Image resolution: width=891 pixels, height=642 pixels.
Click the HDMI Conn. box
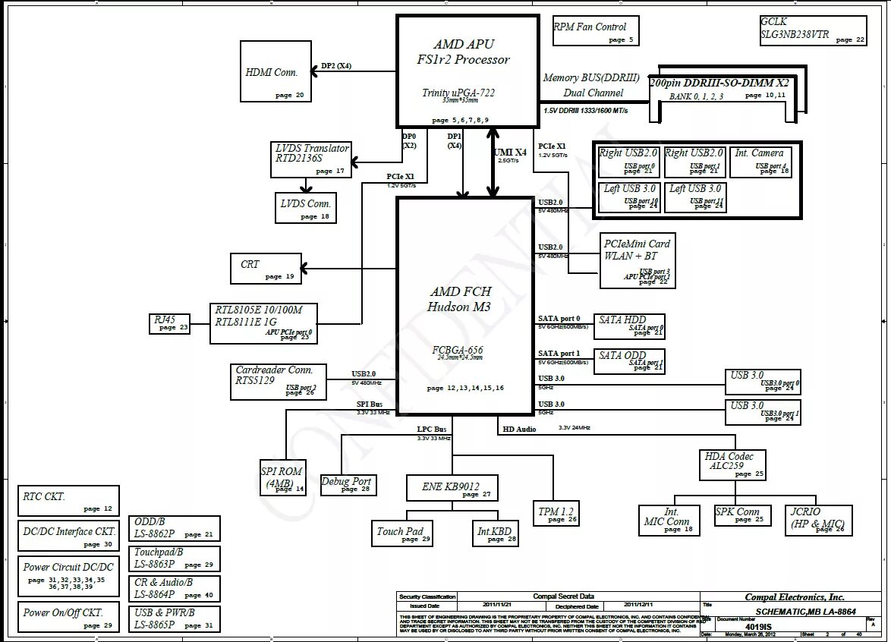272,71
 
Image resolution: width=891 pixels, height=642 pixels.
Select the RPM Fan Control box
596,30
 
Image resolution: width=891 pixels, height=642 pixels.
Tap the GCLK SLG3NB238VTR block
812,31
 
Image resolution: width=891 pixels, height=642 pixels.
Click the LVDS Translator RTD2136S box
311,159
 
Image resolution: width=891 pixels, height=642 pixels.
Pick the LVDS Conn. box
306,207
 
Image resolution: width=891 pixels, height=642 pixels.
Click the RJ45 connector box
169,324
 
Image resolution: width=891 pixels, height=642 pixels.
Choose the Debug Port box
347,484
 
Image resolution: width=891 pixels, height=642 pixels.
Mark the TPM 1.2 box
556,514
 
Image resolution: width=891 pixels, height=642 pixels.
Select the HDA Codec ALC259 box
732,464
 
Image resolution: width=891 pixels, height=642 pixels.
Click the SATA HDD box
631,326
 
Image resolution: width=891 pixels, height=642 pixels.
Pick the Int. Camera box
761,162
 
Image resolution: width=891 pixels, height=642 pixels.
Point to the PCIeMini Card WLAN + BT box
637,260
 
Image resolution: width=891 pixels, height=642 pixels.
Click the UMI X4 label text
511,153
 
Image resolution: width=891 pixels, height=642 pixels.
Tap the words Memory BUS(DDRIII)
592,78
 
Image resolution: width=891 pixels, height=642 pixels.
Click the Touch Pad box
402,534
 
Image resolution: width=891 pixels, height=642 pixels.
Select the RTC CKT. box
68,501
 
